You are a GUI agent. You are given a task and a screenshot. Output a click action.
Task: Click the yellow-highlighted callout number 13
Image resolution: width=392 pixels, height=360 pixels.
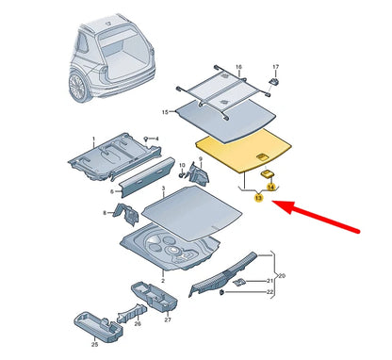click(257, 200)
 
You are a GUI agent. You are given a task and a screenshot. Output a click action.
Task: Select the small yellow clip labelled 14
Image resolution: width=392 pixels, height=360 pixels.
click(267, 173)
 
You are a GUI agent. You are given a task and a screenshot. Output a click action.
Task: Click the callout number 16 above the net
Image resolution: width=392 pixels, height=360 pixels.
click(238, 68)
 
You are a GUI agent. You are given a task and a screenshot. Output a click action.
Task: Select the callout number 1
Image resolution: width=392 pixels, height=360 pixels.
click(93, 139)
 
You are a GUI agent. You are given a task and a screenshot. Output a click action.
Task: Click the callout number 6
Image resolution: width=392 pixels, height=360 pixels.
click(110, 191)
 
